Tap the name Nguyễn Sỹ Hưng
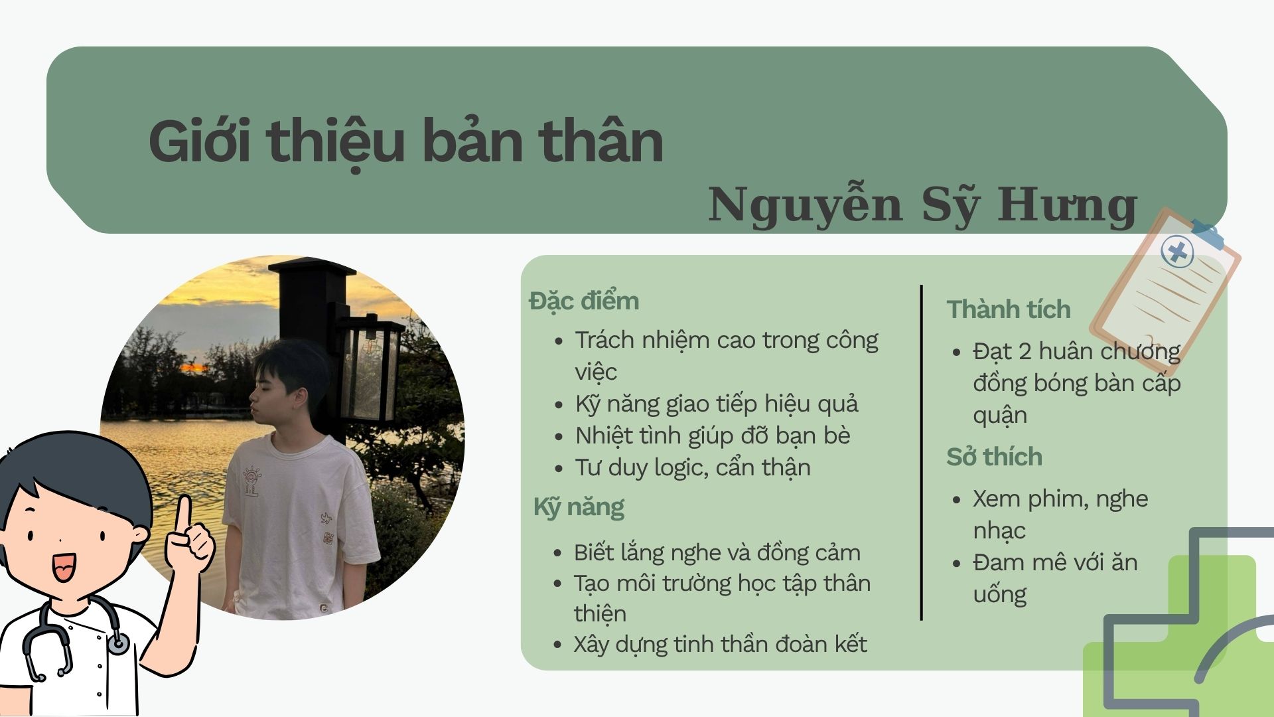[x=923, y=205]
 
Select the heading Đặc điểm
[x=584, y=301]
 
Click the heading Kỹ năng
[x=579, y=508]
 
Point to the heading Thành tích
[x=1009, y=309]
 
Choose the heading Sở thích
[x=994, y=457]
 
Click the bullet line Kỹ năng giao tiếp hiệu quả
[x=717, y=404]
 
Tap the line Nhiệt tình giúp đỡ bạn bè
[x=713, y=436]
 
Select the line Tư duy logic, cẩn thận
[x=693, y=467]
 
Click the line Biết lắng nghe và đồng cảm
[x=717, y=552]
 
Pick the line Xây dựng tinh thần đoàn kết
[x=720, y=644]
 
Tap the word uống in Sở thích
[x=1000, y=595]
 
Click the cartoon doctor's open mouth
[x=64, y=568]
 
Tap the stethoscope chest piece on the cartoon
[x=118, y=643]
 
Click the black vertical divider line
[x=922, y=453]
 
